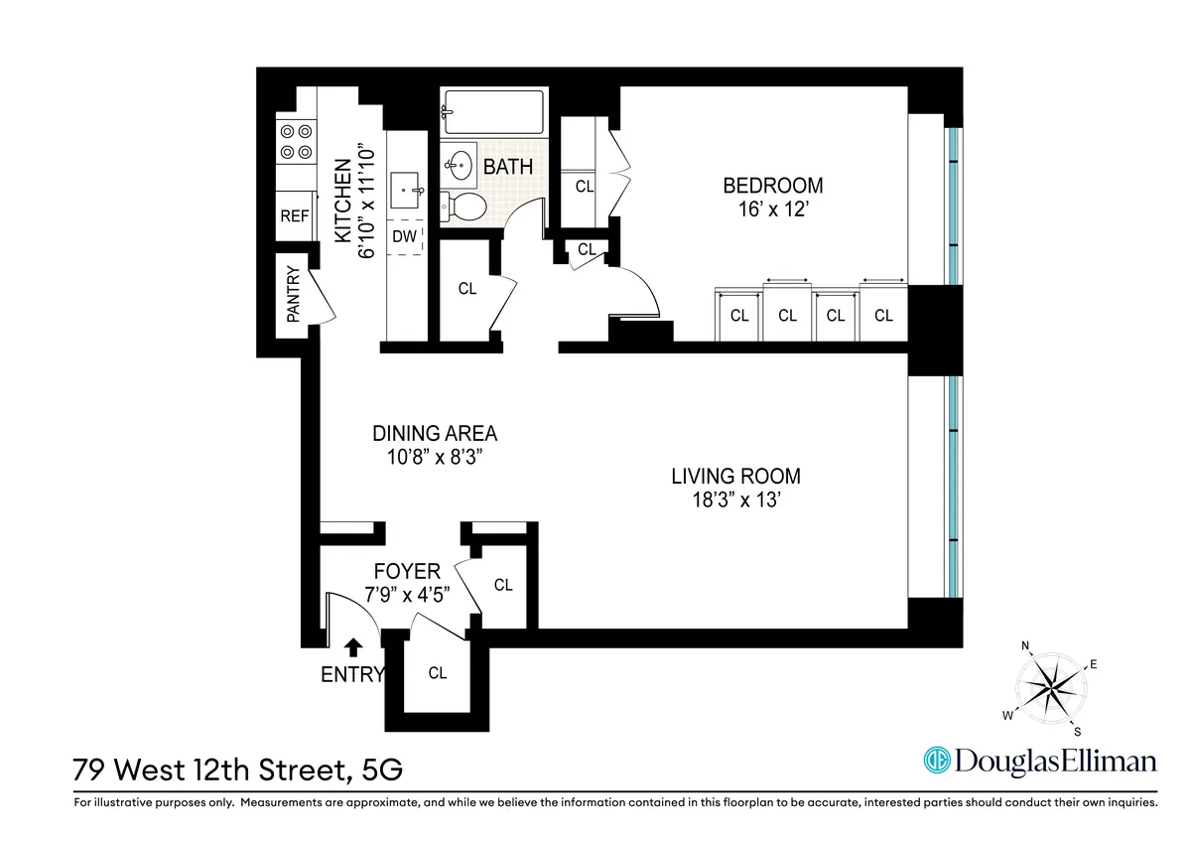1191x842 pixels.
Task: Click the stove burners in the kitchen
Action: pos(294,141)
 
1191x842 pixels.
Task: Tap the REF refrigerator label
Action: pos(295,216)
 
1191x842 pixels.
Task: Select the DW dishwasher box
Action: pos(404,236)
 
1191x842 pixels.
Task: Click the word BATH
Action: pos(507,168)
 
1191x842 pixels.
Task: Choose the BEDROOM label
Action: pos(772,185)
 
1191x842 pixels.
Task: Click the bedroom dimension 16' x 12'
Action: pos(772,210)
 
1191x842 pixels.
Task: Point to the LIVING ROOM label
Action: pos(735,476)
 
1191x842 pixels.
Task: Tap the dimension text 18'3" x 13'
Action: pos(735,501)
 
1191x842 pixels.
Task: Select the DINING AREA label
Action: pos(435,433)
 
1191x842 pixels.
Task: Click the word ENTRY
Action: pos(351,675)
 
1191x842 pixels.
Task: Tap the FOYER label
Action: pos(407,571)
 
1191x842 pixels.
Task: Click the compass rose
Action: pos(1053,689)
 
